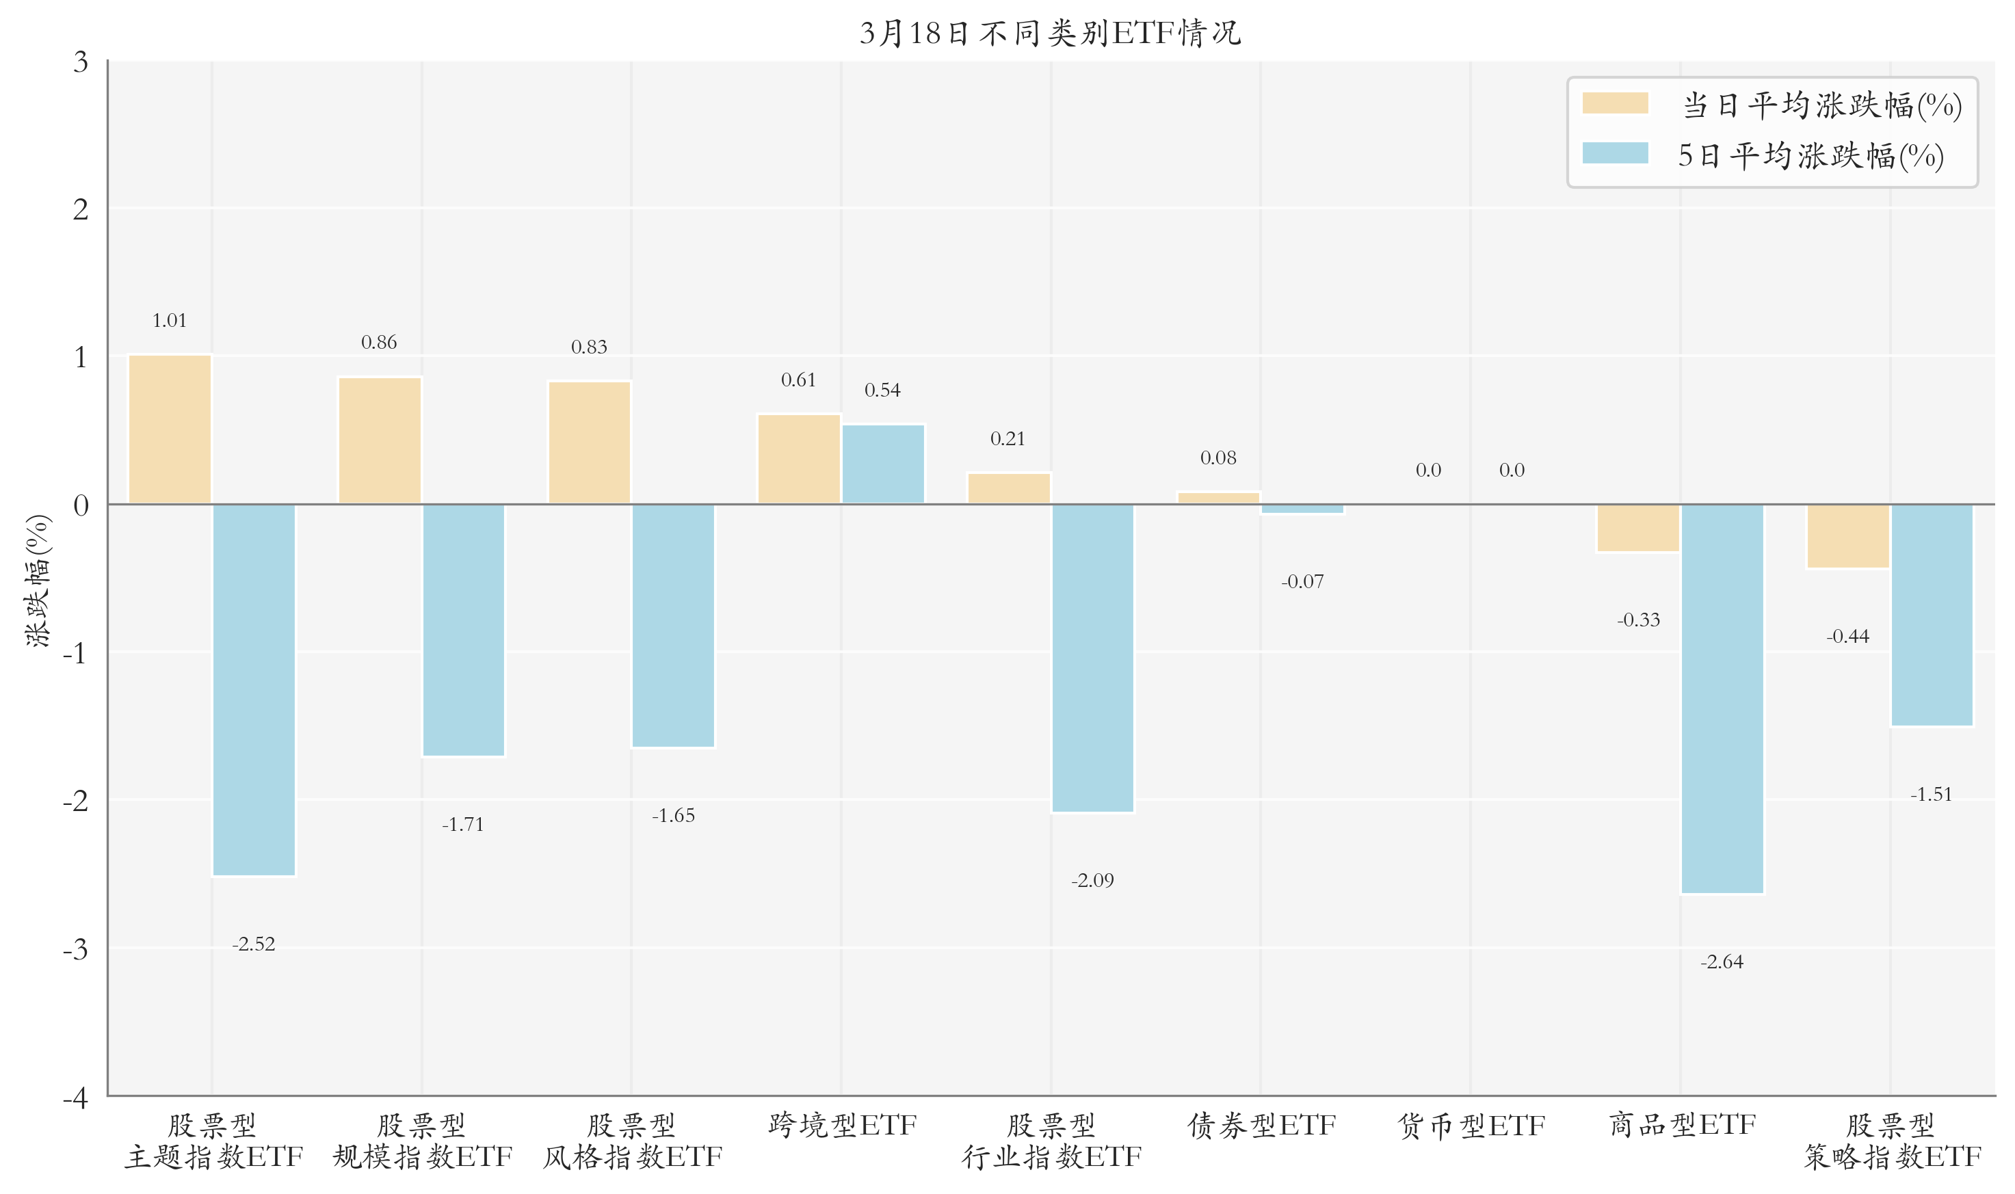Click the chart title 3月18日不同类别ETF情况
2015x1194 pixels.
(1050, 33)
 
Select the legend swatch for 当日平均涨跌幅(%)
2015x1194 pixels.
(1614, 104)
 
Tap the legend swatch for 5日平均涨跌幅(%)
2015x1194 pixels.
(1614, 153)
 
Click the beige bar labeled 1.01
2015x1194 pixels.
(170, 429)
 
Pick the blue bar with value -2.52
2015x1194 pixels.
(254, 689)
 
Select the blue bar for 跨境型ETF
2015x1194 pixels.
(883, 464)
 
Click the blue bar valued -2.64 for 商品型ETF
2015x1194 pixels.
(1722, 698)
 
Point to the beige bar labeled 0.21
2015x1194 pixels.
(1008, 488)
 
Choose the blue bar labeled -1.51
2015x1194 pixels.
(1932, 615)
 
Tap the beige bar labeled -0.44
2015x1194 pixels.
(1847, 537)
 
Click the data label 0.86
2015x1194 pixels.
(379, 343)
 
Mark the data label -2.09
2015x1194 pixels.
(1092, 880)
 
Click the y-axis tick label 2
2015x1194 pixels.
(81, 209)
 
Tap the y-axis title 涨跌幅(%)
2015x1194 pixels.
(38, 580)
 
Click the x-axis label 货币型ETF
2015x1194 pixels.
(1471, 1126)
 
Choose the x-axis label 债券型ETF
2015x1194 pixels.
(1261, 1126)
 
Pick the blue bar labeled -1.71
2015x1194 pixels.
(464, 630)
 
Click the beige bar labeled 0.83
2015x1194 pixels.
(589, 442)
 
